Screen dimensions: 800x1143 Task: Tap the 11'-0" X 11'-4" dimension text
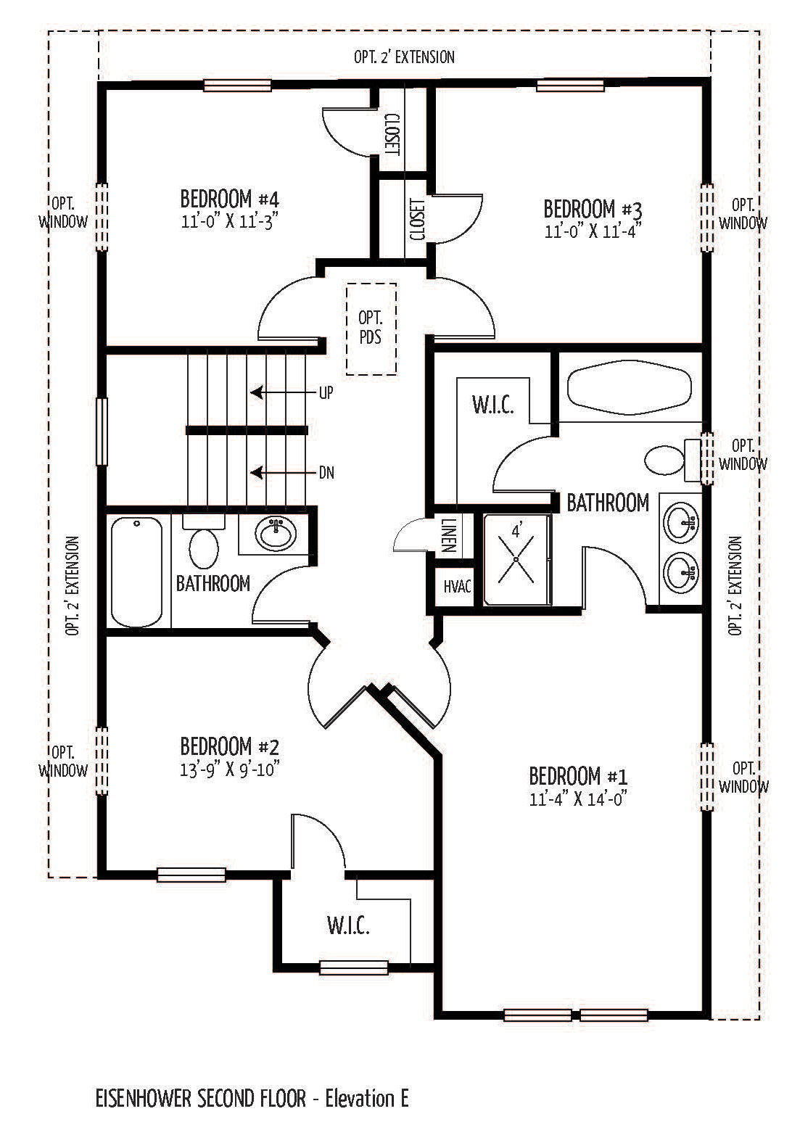click(593, 231)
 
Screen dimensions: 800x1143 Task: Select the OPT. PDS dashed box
click(371, 329)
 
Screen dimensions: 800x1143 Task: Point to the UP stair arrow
click(284, 392)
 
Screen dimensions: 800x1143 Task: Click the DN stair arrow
click(284, 473)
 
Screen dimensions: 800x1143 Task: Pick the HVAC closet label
click(457, 587)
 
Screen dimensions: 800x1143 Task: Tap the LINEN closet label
click(448, 535)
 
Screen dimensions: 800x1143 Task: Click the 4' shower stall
click(516, 559)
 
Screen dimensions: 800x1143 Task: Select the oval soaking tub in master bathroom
click(629, 386)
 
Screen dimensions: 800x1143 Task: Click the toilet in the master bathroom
click(671, 460)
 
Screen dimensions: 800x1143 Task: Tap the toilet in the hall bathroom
click(204, 543)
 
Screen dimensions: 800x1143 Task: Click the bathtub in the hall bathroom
click(137, 571)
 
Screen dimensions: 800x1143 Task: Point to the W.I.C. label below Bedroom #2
click(348, 925)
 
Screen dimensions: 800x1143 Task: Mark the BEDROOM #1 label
click(578, 775)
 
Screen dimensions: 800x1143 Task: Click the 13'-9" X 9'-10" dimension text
click(230, 769)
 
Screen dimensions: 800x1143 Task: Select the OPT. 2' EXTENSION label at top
click(404, 57)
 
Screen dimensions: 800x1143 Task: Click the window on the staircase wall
click(102, 432)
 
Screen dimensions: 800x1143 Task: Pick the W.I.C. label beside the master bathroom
click(493, 405)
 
